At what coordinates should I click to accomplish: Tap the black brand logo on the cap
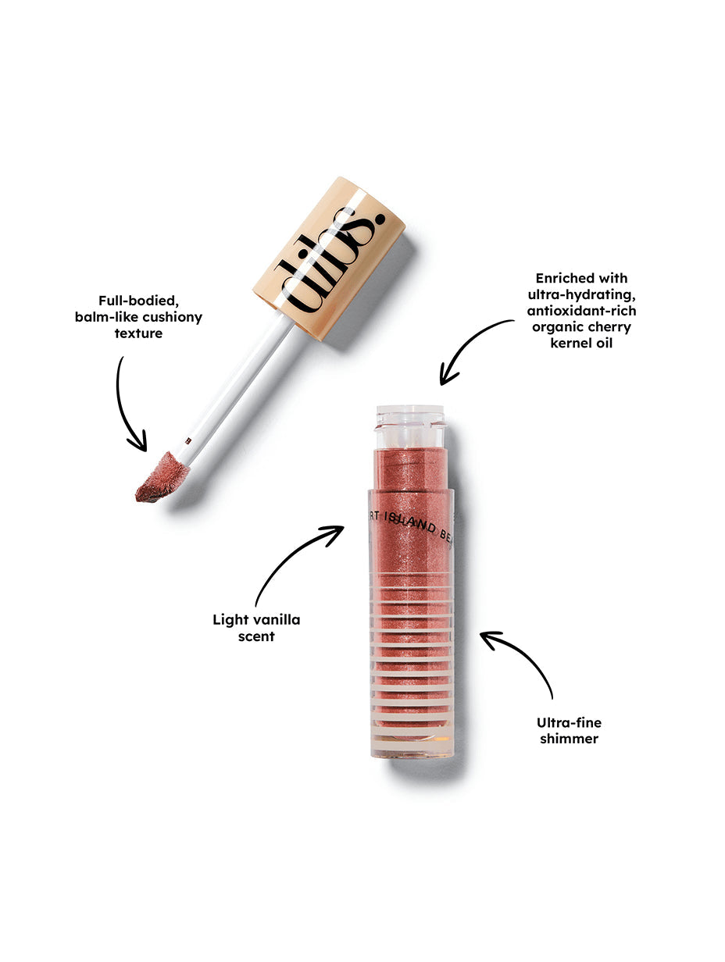[x=329, y=261]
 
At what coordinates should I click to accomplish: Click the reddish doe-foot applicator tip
[x=160, y=477]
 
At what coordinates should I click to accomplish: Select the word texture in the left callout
[x=138, y=333]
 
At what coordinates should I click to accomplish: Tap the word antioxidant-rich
[x=581, y=311]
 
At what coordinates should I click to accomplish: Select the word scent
[x=256, y=636]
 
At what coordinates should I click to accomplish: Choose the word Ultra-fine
[x=569, y=722]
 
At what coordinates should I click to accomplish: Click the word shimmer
[x=569, y=739]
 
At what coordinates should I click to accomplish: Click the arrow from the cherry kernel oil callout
[x=469, y=344]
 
